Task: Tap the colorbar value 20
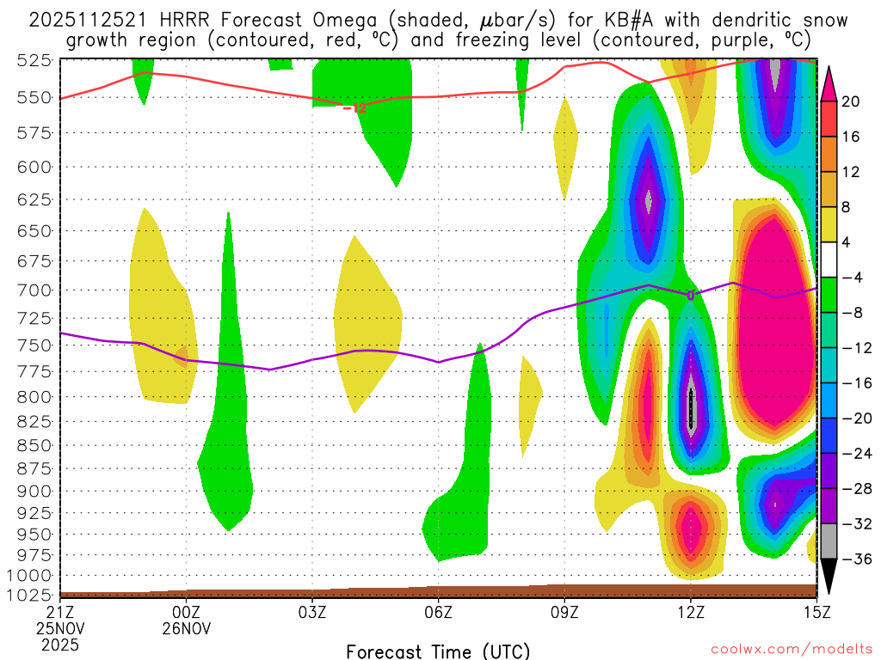(851, 101)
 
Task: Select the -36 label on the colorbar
(854, 559)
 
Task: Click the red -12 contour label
(354, 108)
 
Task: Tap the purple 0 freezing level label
(690, 295)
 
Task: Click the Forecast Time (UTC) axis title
(438, 651)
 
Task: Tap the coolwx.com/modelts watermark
(791, 651)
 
